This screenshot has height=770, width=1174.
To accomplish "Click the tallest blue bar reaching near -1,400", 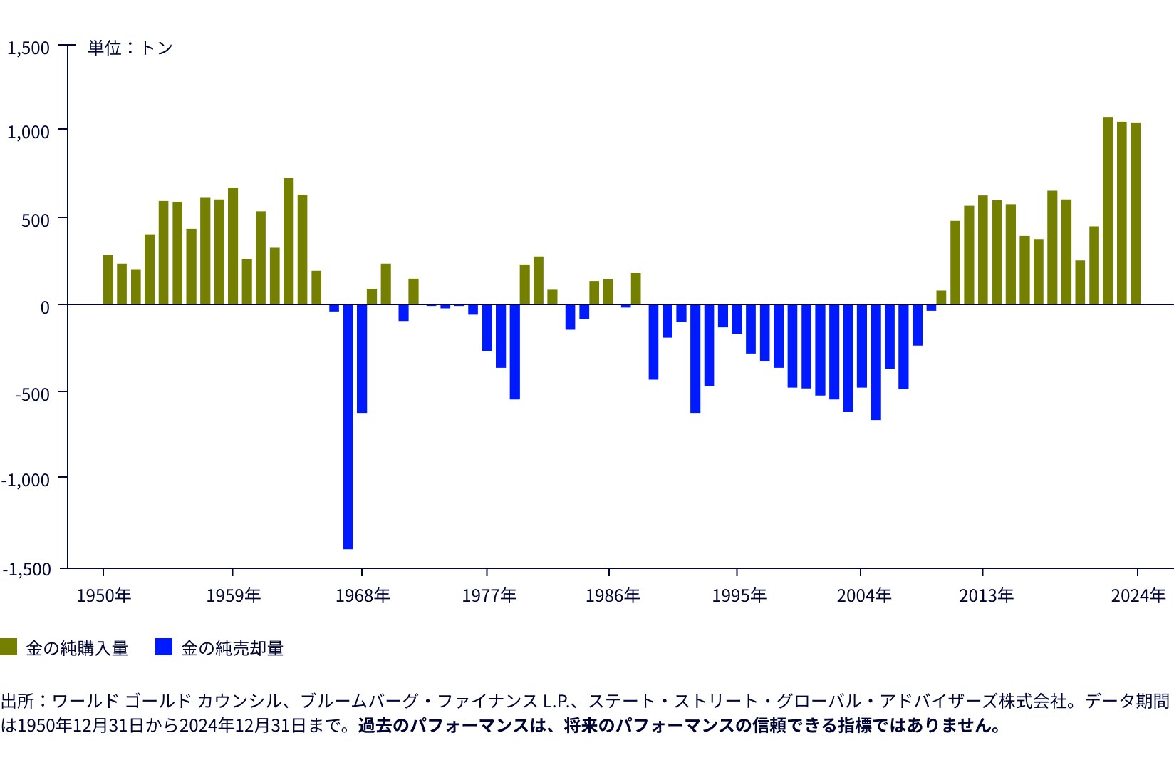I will pyautogui.click(x=348, y=428).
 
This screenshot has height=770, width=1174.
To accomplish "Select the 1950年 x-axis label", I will pyautogui.click(x=104, y=595).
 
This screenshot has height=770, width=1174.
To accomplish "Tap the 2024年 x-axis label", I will pyautogui.click(x=1138, y=595).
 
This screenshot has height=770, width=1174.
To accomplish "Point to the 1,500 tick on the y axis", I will pyautogui.click(x=28, y=48).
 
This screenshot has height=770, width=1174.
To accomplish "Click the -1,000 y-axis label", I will pyautogui.click(x=26, y=480).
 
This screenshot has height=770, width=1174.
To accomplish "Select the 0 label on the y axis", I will pyautogui.click(x=45, y=307).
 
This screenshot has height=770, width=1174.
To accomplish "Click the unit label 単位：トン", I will pyautogui.click(x=130, y=48).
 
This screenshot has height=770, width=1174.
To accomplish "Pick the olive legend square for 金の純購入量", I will pyautogui.click(x=9, y=647).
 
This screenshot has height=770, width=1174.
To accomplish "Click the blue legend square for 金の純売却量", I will pyautogui.click(x=164, y=647).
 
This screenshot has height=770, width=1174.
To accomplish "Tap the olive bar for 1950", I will pyautogui.click(x=108, y=279).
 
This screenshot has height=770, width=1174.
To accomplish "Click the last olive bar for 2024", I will pyautogui.click(x=1136, y=214).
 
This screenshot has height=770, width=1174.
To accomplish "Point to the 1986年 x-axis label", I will pyautogui.click(x=613, y=595).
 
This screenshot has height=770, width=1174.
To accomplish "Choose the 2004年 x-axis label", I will pyautogui.click(x=863, y=595).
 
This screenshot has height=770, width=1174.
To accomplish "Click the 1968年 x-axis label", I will pyautogui.click(x=363, y=595).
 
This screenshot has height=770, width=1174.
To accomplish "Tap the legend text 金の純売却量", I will pyautogui.click(x=232, y=648).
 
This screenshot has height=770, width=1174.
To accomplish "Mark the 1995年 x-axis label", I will pyautogui.click(x=739, y=595).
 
